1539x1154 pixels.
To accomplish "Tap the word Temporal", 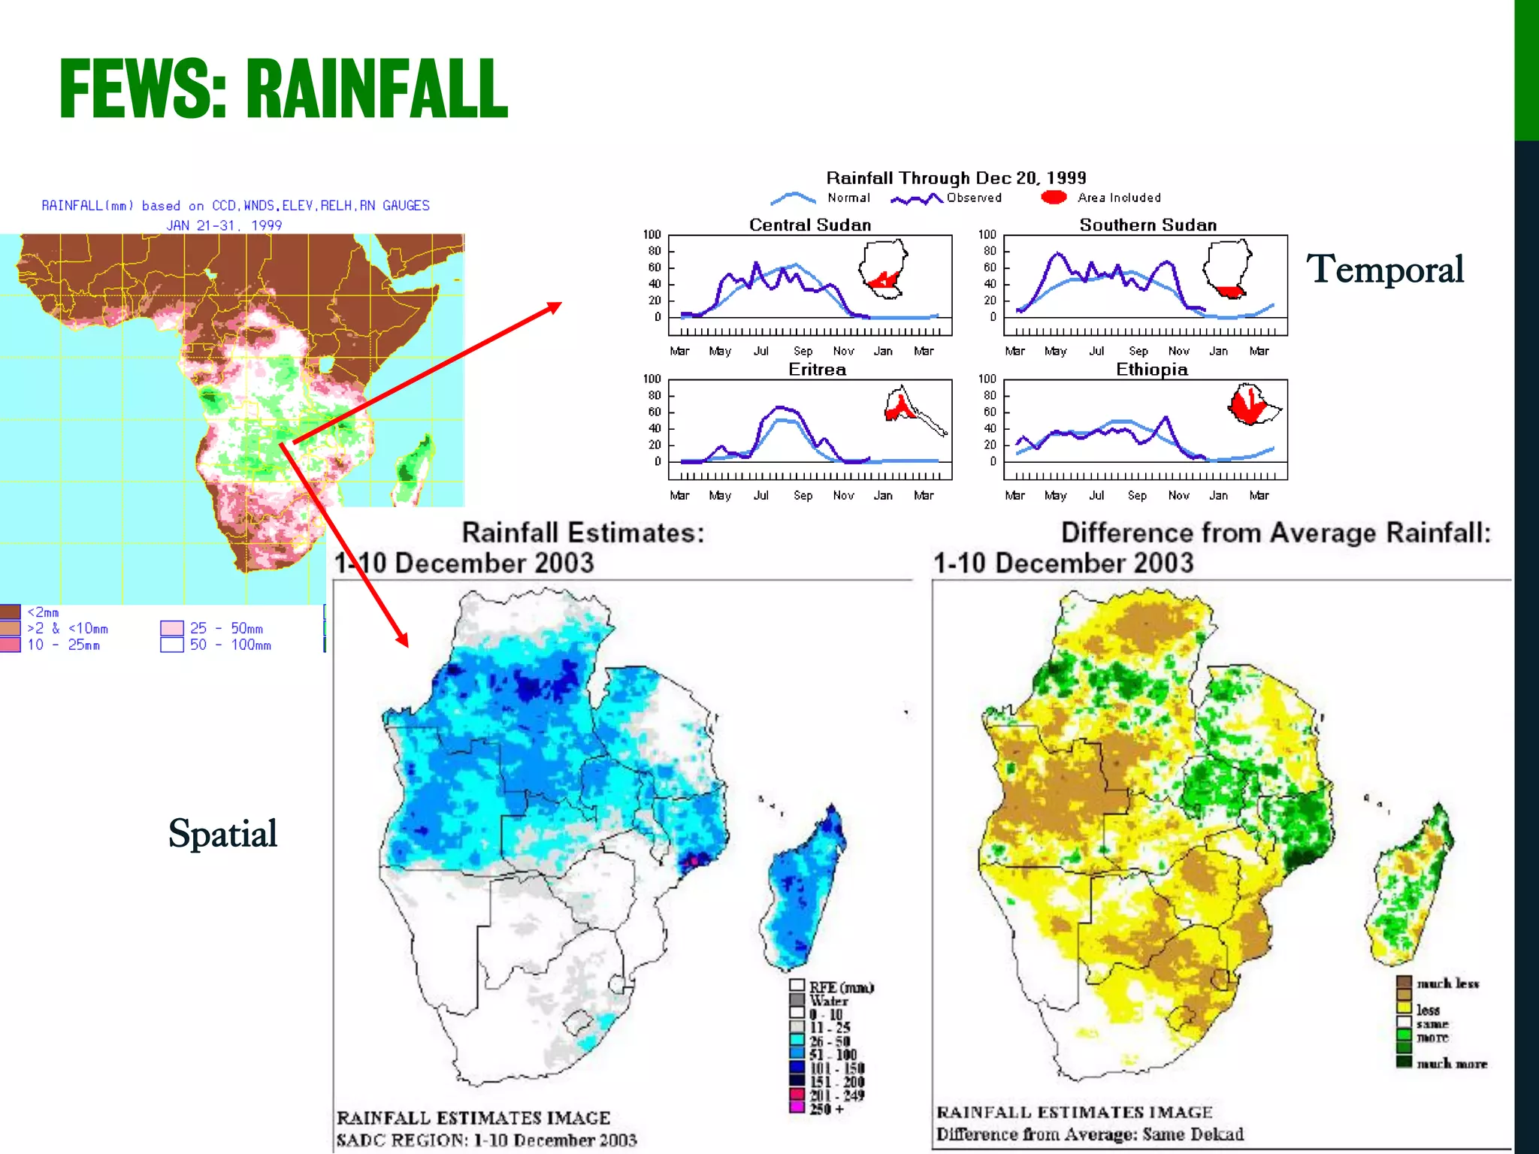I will point(1384,269).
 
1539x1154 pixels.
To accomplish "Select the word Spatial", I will point(222,833).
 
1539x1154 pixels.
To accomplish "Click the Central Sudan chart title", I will point(810,225).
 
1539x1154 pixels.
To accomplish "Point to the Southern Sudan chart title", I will point(1147,225).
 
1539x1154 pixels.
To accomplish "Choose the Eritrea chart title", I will point(817,369).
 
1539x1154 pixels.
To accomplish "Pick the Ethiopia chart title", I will point(1151,369).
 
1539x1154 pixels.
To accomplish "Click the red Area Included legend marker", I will point(1054,198).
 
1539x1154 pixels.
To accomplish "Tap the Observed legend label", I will point(974,198).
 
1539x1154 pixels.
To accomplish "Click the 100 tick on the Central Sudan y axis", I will point(652,234).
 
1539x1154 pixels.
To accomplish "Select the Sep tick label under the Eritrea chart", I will point(803,495).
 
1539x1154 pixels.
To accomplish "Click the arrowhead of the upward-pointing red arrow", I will point(555,307).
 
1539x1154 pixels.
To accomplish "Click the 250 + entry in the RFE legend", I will point(827,1109).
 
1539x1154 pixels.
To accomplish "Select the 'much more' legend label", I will point(1451,1064).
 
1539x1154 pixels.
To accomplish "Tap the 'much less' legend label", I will point(1447,983).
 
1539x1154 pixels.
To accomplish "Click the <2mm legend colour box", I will point(10,612).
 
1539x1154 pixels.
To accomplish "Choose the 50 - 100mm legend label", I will point(230,645).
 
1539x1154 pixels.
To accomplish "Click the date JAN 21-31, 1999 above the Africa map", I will point(224,225).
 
